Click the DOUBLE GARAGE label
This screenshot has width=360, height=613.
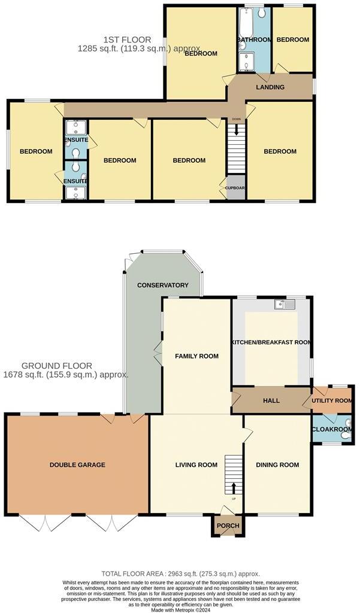pyautogui.click(x=77, y=465)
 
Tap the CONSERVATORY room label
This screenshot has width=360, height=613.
pyautogui.click(x=162, y=285)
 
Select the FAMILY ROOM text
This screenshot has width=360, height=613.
pyautogui.click(x=196, y=356)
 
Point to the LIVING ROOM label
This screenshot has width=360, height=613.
pyautogui.click(x=196, y=465)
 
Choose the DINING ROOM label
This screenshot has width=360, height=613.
pyautogui.click(x=277, y=465)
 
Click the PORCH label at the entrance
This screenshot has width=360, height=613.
pyautogui.click(x=228, y=526)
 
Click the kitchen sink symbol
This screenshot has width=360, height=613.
pyautogui.click(x=285, y=305)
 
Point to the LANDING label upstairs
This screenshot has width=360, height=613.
pyautogui.click(x=270, y=87)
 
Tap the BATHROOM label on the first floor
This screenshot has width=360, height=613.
pyautogui.click(x=255, y=40)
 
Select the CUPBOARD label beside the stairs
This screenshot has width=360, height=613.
pyautogui.click(x=235, y=187)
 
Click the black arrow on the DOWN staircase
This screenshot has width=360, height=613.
pyautogui.click(x=237, y=129)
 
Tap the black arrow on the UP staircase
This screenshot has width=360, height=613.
pyautogui.click(x=234, y=488)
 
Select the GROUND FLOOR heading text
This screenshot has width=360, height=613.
pyautogui.click(x=57, y=366)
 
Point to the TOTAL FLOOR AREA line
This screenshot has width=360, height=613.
pyautogui.click(x=180, y=573)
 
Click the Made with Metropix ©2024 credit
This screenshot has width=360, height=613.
pyautogui.click(x=180, y=609)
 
